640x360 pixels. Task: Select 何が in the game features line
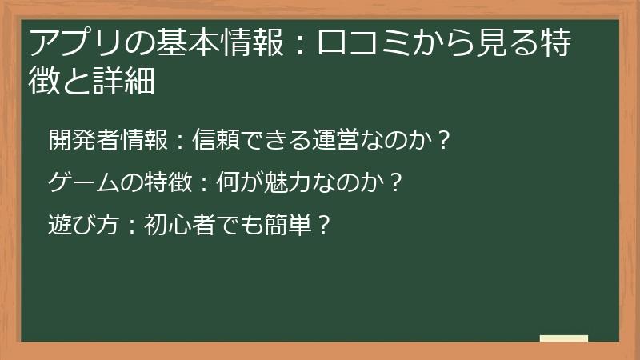(228, 182)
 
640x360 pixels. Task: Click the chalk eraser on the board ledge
(564, 338)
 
